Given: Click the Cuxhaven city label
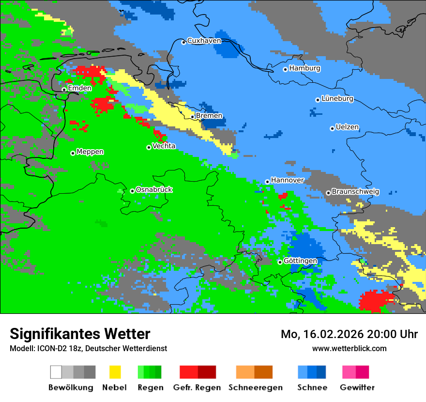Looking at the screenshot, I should (204, 41).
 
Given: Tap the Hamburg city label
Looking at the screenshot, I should (304, 68).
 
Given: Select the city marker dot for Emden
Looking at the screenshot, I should (64, 90).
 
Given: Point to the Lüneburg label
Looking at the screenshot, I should (337, 98).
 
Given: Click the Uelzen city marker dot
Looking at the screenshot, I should (332, 128).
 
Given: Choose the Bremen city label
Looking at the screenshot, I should (209, 116).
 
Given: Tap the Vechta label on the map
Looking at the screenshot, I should (164, 146).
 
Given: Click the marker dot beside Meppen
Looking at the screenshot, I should (73, 153).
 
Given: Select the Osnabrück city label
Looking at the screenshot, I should (154, 189).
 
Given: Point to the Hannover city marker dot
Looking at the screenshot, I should (267, 182).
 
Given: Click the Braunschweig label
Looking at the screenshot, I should (355, 191).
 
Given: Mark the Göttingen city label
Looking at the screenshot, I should (300, 261).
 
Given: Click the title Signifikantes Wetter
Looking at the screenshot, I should (80, 334).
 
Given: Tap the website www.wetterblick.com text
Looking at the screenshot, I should (349, 348).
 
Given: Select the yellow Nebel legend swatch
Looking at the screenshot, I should (115, 372).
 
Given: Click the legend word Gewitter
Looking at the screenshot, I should (357, 387).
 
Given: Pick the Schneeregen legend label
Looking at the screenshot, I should (255, 387).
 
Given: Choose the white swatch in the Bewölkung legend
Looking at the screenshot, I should (56, 372).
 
